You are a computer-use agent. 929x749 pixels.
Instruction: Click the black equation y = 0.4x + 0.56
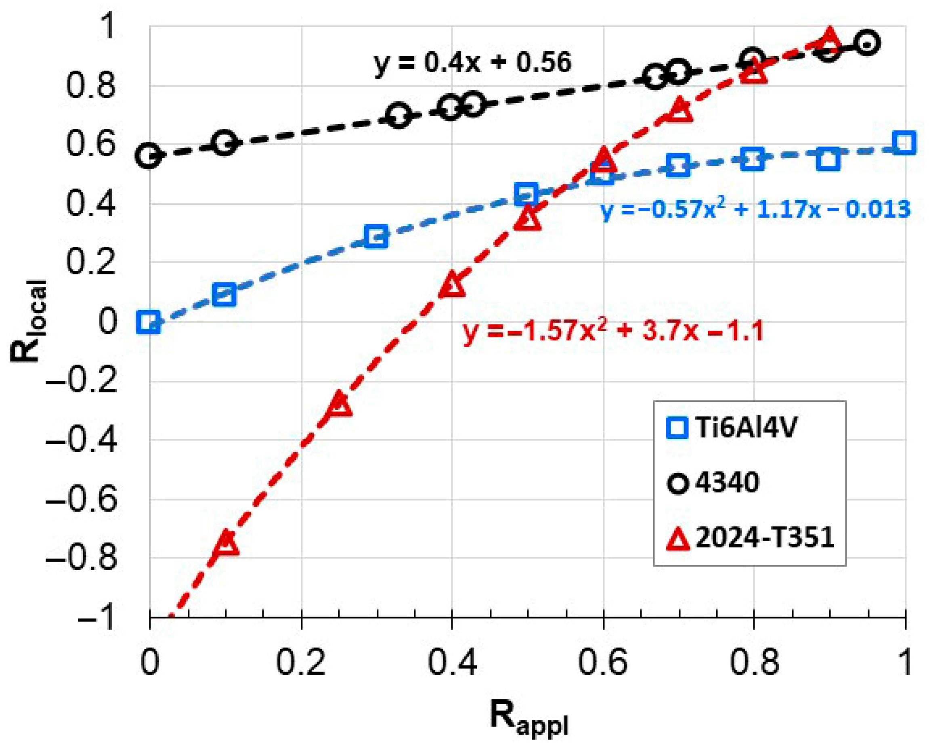473,63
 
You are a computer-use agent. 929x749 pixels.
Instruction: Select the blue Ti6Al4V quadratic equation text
755,209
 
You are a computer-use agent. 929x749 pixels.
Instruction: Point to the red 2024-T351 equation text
612,331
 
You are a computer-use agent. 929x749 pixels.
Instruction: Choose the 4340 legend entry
713,483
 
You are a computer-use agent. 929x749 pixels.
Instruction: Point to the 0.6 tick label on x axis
603,663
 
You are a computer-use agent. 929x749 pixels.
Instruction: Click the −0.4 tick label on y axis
82,441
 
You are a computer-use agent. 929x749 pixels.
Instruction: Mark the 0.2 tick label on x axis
301,663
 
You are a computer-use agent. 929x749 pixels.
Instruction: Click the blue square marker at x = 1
904,143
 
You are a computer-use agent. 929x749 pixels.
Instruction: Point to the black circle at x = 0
149,156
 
